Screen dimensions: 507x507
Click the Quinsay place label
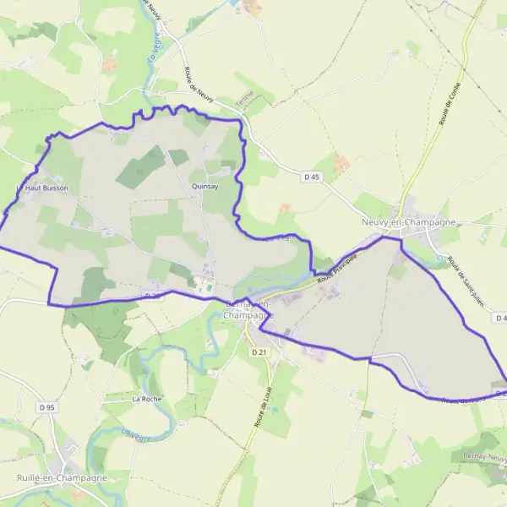click(x=205, y=187)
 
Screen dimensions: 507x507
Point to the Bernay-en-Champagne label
click(x=248, y=309)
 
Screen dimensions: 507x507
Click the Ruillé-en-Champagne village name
click(x=62, y=477)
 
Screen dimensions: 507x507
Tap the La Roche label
click(x=146, y=397)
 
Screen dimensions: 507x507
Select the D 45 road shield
click(x=312, y=177)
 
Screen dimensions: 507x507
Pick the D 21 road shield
click(x=259, y=352)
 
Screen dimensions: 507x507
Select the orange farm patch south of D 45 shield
click(x=341, y=163)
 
